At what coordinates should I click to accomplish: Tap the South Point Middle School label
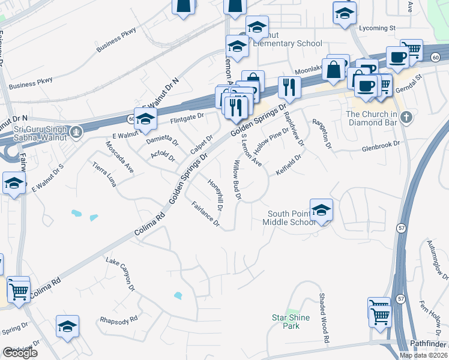(x=291, y=218)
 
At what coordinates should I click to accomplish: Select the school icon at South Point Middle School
(x=321, y=210)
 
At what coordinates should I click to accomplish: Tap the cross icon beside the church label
(x=406, y=116)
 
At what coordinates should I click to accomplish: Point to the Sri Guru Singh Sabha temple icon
(x=76, y=131)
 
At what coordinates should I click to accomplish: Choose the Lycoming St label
(x=377, y=28)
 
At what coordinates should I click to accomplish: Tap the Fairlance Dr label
(x=205, y=215)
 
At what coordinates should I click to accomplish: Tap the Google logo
(x=20, y=353)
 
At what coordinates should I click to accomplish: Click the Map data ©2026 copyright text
(x=423, y=355)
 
